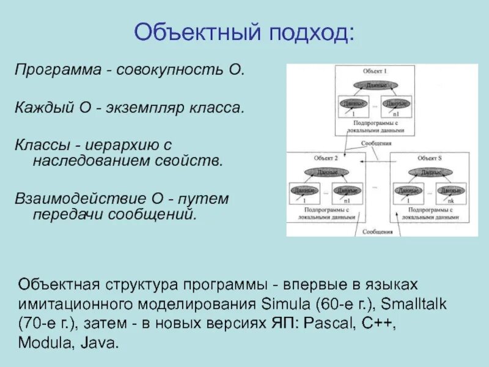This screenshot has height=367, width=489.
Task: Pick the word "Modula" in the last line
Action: coord(43,343)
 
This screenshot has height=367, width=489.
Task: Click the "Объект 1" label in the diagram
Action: coord(374,72)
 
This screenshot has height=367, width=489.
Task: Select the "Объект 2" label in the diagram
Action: coord(326,158)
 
